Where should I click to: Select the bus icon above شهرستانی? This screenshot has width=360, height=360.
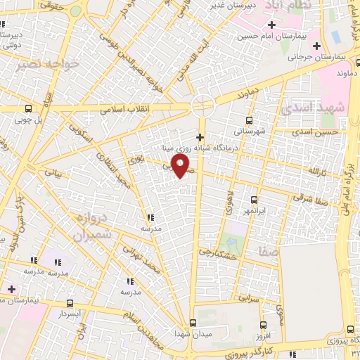248,120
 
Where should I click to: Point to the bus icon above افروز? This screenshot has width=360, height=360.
263,325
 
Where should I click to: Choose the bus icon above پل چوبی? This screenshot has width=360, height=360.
28,108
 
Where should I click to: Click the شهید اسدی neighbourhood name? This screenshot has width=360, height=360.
309,110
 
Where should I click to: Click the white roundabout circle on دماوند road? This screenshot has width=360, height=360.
203,106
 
